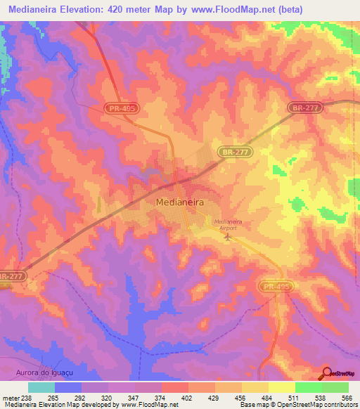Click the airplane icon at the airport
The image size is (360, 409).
point(227,236)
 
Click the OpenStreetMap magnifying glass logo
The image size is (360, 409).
point(328,372)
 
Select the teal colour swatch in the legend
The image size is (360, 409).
point(41,387)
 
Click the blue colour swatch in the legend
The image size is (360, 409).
point(68,387)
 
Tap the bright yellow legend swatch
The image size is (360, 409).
point(281,387)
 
